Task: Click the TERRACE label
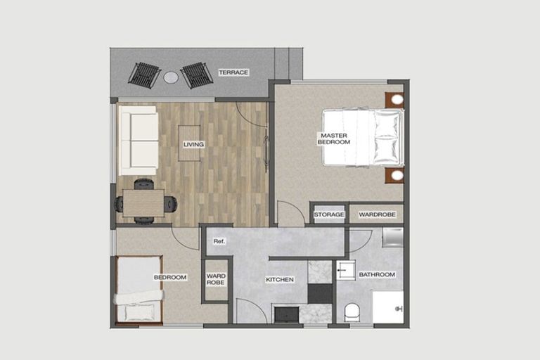click(x=233, y=72)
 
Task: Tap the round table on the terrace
click(x=171, y=77)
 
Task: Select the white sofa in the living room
click(x=138, y=140)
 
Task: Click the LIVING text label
click(x=193, y=145)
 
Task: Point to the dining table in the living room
click(x=143, y=203)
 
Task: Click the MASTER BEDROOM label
click(x=334, y=139)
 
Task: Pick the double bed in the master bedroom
click(x=363, y=137)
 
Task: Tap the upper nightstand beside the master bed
click(x=395, y=99)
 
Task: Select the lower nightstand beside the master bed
click(x=395, y=174)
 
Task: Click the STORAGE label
click(x=329, y=214)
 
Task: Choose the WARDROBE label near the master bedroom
click(x=377, y=214)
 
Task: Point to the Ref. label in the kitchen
click(x=219, y=242)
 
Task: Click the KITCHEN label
click(x=279, y=280)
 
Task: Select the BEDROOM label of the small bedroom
click(x=170, y=278)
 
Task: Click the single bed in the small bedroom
click(x=139, y=290)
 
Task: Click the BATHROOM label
click(x=377, y=274)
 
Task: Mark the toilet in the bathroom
click(x=352, y=311)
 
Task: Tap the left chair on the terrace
click(x=144, y=75)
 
